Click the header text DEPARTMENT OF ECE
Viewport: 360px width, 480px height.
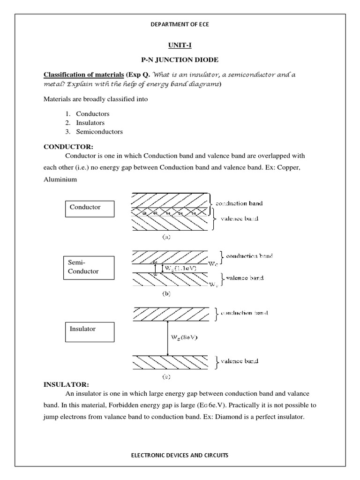pyautogui.click(x=180, y=24)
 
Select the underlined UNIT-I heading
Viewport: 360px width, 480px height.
pyautogui.click(x=180, y=45)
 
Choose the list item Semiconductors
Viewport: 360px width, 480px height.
pyautogui.click(x=99, y=132)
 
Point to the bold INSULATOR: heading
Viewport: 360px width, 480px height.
pyautogui.click(x=66, y=384)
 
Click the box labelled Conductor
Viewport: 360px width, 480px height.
pyautogui.click(x=90, y=207)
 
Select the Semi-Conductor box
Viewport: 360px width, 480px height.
pyautogui.click(x=90, y=268)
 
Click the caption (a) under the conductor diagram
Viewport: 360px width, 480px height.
pyautogui.click(x=166, y=237)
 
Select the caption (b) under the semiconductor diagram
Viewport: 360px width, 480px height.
pyautogui.click(x=166, y=294)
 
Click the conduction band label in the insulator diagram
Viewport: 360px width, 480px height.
pyautogui.click(x=241, y=312)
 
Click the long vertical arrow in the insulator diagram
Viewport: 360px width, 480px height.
pyautogui.click(x=167, y=337)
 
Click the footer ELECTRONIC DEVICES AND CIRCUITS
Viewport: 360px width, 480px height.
pyautogui.click(x=180, y=455)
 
